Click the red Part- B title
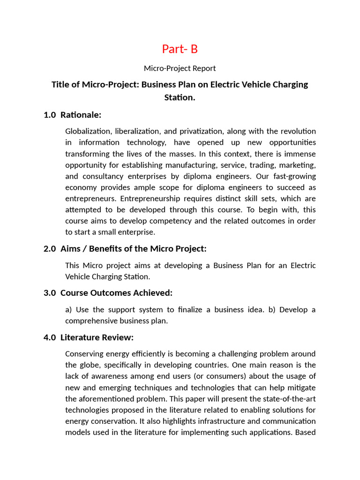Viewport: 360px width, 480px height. click(180, 49)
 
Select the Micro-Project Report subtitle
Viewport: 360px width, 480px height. click(180, 68)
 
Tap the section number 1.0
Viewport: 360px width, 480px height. click(50, 115)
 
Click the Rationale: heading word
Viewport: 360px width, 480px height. click(81, 115)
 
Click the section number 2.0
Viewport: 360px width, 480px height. click(50, 249)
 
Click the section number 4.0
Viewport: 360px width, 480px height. click(50, 337)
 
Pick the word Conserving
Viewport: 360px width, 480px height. click(84, 354)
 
